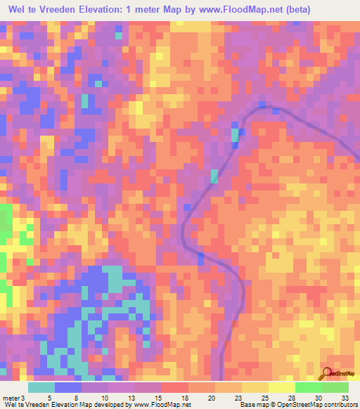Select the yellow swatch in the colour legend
[x=281, y=387]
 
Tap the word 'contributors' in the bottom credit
[x=340, y=404]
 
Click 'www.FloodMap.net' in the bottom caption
[x=161, y=404]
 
